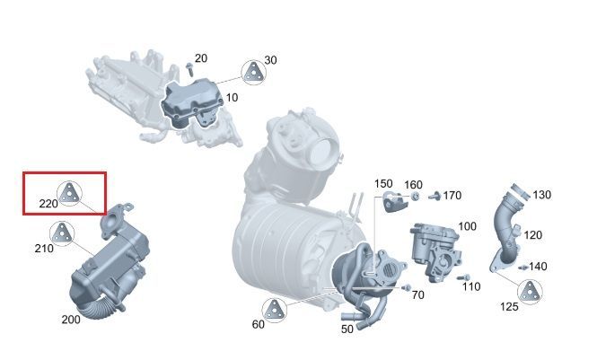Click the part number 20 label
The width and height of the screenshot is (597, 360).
[x=201, y=58]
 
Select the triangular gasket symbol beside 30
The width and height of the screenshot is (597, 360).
[x=253, y=73]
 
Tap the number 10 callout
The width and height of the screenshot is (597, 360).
[x=232, y=98]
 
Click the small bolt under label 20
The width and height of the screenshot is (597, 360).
[x=189, y=70]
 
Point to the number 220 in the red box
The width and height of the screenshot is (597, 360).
[x=48, y=204]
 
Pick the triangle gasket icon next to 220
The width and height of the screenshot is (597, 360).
[x=69, y=194]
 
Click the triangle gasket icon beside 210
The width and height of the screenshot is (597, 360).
[x=62, y=233]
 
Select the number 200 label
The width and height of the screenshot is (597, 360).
[x=71, y=320]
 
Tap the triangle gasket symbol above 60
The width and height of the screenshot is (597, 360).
[x=274, y=311]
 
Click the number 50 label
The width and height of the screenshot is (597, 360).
[x=347, y=329]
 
